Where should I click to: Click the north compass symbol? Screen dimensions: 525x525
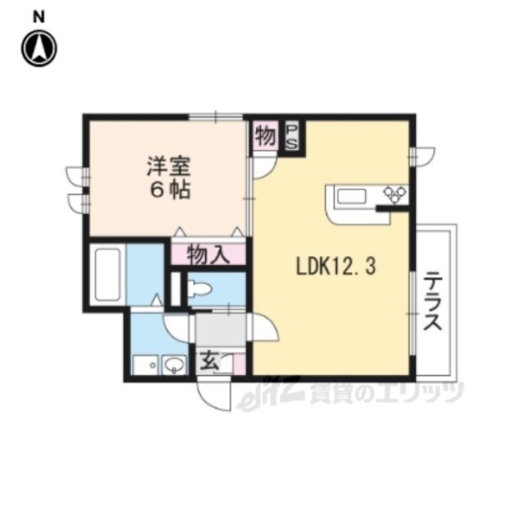click(x=39, y=48)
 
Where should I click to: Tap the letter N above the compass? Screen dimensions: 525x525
click(x=39, y=17)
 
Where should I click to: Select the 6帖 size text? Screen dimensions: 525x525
click(x=170, y=190)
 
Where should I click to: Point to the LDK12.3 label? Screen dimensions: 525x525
click(x=336, y=267)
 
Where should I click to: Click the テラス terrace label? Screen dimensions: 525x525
click(x=432, y=301)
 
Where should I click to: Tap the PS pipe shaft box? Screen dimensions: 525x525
click(x=292, y=137)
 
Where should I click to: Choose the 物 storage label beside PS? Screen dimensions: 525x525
click(x=265, y=136)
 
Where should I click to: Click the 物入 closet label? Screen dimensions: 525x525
click(x=208, y=254)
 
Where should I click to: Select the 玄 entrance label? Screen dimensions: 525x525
click(x=210, y=362)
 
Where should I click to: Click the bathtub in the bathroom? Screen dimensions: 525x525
click(x=107, y=275)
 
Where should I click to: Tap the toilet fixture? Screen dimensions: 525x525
click(x=199, y=289)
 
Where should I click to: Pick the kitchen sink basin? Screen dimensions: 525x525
click(x=351, y=197)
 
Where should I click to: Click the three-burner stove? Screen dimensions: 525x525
click(x=395, y=194)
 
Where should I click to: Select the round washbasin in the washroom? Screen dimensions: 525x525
click(x=174, y=364)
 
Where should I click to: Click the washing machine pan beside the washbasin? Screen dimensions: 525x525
click(x=147, y=365)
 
